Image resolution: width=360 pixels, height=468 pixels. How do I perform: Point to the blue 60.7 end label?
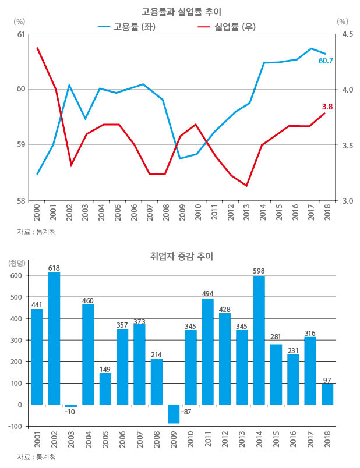point(326,61)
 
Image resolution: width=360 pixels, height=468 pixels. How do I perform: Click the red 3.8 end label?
point(327,107)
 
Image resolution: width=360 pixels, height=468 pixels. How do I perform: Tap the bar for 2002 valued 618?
point(54,338)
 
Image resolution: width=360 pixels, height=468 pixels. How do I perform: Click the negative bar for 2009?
point(174,414)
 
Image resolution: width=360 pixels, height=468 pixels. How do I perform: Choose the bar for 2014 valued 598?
point(259,341)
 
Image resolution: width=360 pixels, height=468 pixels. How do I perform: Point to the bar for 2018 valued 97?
point(327,394)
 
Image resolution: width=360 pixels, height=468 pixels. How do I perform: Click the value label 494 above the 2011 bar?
point(207,293)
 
